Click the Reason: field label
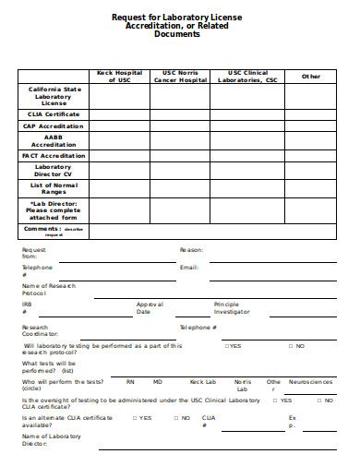click(x=191, y=250)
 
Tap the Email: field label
click(x=189, y=268)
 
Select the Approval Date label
click(x=150, y=308)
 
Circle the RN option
click(x=130, y=381)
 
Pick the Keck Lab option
click(x=202, y=381)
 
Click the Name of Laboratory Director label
click(x=47, y=439)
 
